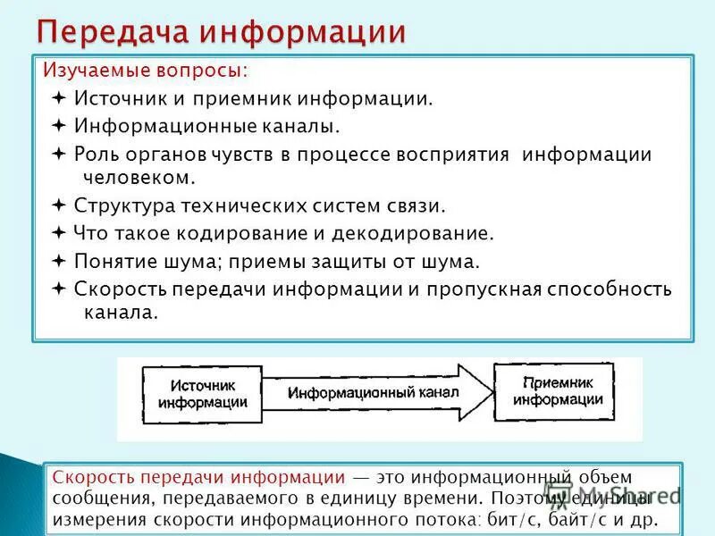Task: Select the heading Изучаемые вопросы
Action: pyautogui.click(x=141, y=70)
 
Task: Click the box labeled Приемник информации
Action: pyautogui.click(x=554, y=392)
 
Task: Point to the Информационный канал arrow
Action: pyautogui.click(x=375, y=393)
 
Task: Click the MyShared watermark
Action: pyautogui.click(x=626, y=493)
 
